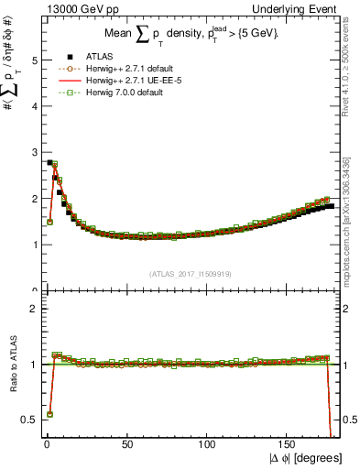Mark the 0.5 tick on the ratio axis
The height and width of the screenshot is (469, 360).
(x=27, y=420)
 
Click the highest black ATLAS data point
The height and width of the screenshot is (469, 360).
(x=49, y=163)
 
